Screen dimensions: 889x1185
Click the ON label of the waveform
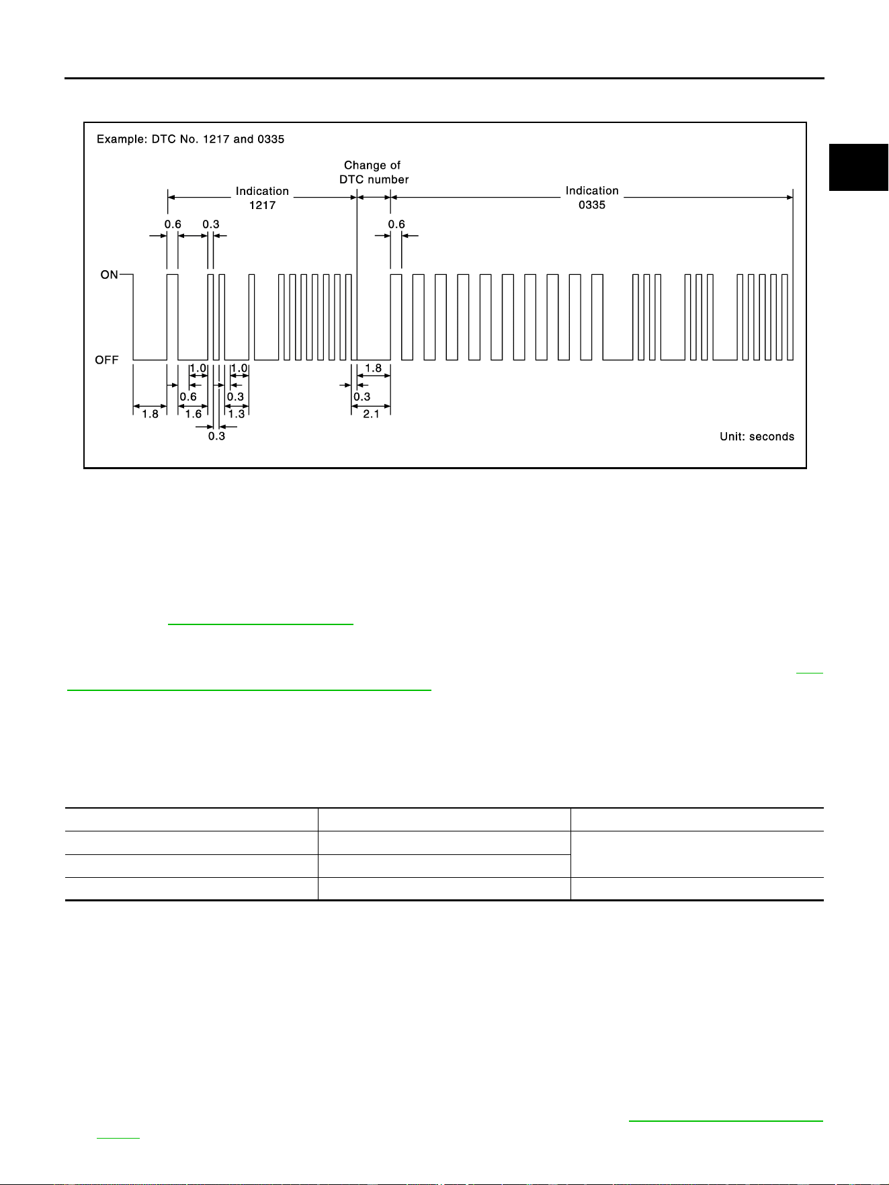point(109,275)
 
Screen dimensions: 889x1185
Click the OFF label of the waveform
point(107,360)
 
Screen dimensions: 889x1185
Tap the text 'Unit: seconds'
point(757,437)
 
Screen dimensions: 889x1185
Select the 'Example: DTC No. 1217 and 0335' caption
point(191,139)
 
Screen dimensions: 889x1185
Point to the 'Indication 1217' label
point(262,198)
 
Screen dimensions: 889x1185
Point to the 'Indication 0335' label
point(592,198)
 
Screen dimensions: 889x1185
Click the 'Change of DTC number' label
point(374,172)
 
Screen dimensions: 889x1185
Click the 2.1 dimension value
point(371,414)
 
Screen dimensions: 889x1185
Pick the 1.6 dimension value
point(194,414)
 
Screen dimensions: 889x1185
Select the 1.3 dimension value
point(237,414)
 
